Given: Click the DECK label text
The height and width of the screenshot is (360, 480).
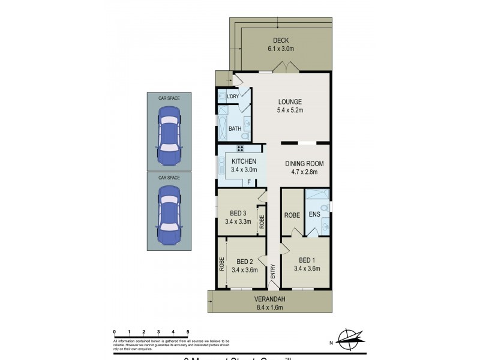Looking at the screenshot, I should click(281, 41).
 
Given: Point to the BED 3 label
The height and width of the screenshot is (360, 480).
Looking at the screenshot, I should click(238, 213).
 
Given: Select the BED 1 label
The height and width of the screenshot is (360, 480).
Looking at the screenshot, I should click(307, 260).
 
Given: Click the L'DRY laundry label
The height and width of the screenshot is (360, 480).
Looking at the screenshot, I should click(233, 97).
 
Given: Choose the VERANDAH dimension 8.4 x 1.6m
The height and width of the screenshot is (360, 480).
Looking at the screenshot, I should click(269, 308).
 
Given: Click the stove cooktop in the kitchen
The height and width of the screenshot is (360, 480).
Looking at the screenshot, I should click(240, 148).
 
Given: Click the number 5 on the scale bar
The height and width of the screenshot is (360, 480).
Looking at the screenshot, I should click(188, 331).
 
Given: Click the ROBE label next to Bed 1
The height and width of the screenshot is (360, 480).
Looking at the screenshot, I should click(292, 214).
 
